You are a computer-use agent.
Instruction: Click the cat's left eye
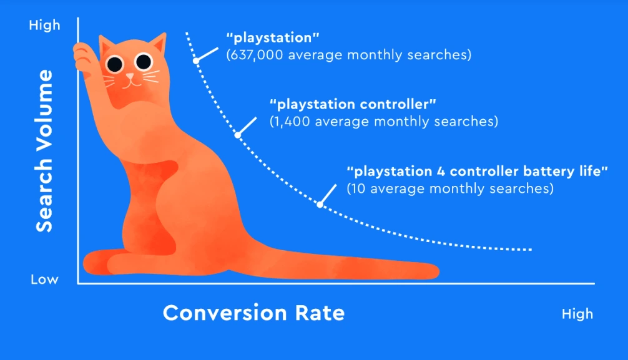click(115, 62)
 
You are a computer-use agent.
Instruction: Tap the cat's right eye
click(144, 61)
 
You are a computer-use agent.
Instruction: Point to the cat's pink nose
click(130, 76)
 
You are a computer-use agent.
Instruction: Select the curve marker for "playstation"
click(195, 61)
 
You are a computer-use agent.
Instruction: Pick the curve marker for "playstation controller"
click(237, 134)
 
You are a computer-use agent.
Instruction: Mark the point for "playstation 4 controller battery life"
click(320, 203)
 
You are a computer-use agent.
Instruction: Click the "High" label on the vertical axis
click(45, 25)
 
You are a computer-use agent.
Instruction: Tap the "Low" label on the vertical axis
click(45, 279)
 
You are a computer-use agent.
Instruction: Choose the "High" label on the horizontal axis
click(577, 313)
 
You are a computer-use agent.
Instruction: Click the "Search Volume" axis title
click(44, 151)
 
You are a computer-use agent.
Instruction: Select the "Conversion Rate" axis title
click(253, 312)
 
